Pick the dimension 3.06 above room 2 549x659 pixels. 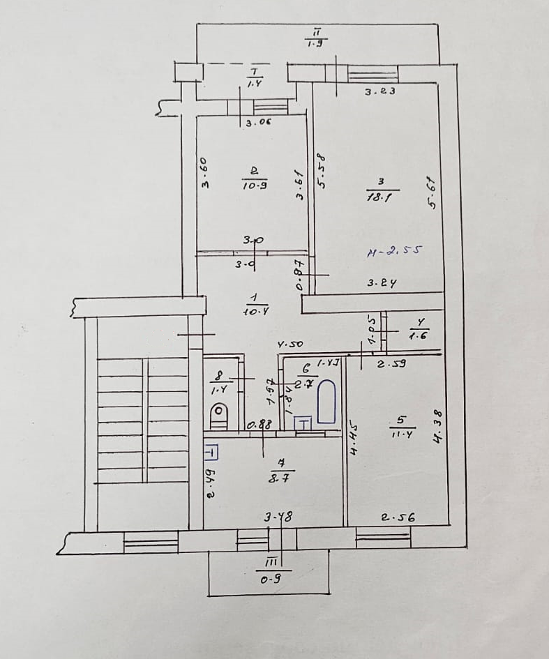click(x=258, y=123)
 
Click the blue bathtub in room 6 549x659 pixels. click(x=326, y=402)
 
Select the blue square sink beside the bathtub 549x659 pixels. click(x=304, y=424)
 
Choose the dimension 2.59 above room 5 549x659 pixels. click(x=392, y=363)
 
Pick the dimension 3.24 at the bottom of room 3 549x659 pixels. click(x=382, y=283)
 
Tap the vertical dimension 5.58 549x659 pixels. click(x=322, y=172)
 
